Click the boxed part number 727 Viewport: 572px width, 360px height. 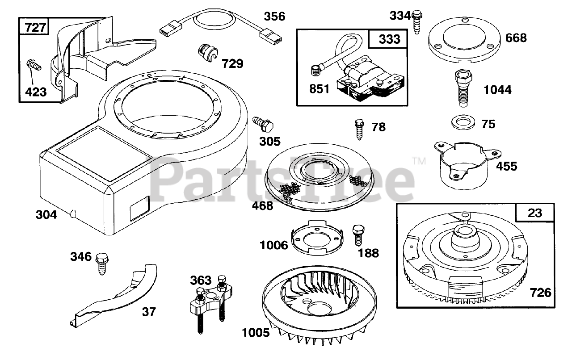(35, 27)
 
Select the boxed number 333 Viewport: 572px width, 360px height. (389, 39)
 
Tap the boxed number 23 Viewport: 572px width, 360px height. (534, 213)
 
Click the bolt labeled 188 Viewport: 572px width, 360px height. (358, 234)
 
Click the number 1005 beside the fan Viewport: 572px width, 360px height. (256, 333)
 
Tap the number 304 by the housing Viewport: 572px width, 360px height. (46, 215)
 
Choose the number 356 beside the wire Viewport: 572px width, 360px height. (274, 17)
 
